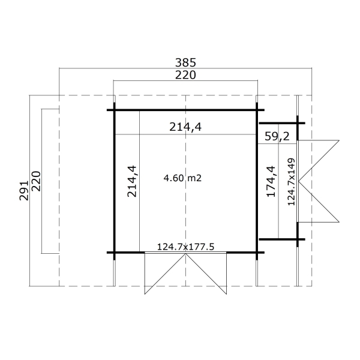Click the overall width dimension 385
tap(185, 62)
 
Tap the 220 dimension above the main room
tap(185, 75)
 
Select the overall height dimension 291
tap(23, 191)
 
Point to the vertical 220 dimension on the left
tap(36, 181)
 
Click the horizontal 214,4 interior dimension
tap(185, 127)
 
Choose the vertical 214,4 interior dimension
tap(132, 181)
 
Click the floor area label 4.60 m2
tap(182, 178)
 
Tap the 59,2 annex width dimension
tap(277, 136)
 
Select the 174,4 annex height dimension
tap(271, 181)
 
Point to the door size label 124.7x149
tap(291, 181)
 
